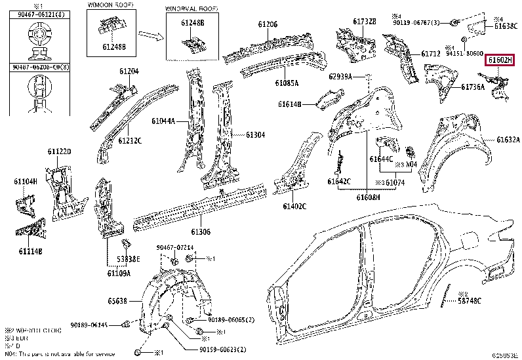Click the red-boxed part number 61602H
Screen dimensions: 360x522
[500, 60]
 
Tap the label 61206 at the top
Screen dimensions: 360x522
[268, 25]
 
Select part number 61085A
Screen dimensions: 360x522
[287, 83]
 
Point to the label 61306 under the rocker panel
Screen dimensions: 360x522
[201, 232]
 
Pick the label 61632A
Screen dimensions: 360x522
[508, 140]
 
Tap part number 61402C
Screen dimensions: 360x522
[294, 207]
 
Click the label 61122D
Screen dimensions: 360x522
[59, 152]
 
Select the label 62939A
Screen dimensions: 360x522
[341, 77]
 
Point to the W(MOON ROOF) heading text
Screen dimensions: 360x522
[108, 5]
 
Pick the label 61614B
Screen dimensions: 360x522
[289, 104]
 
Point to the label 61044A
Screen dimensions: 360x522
[163, 121]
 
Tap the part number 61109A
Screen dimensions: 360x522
[119, 272]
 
